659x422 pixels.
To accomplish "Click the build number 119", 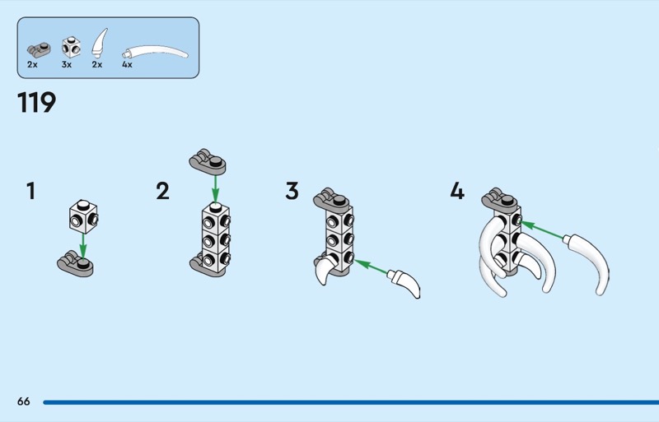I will pos(36,104).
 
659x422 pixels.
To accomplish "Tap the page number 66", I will pos(23,401).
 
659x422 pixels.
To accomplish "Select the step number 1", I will pos(31,192).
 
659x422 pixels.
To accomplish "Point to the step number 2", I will pos(162,192).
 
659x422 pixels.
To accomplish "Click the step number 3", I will pos(292,192).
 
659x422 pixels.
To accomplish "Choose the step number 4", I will pos(457,192).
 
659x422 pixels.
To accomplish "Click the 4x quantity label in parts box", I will pos(127,64).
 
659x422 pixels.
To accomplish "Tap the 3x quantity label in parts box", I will pos(67,64).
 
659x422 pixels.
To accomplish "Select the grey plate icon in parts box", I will pos(38,48).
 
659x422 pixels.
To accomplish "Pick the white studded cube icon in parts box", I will pos(72,45).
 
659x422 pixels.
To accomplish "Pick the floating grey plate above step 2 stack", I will pos(207,161).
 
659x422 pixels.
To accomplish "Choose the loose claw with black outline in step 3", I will pos(406,284).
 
